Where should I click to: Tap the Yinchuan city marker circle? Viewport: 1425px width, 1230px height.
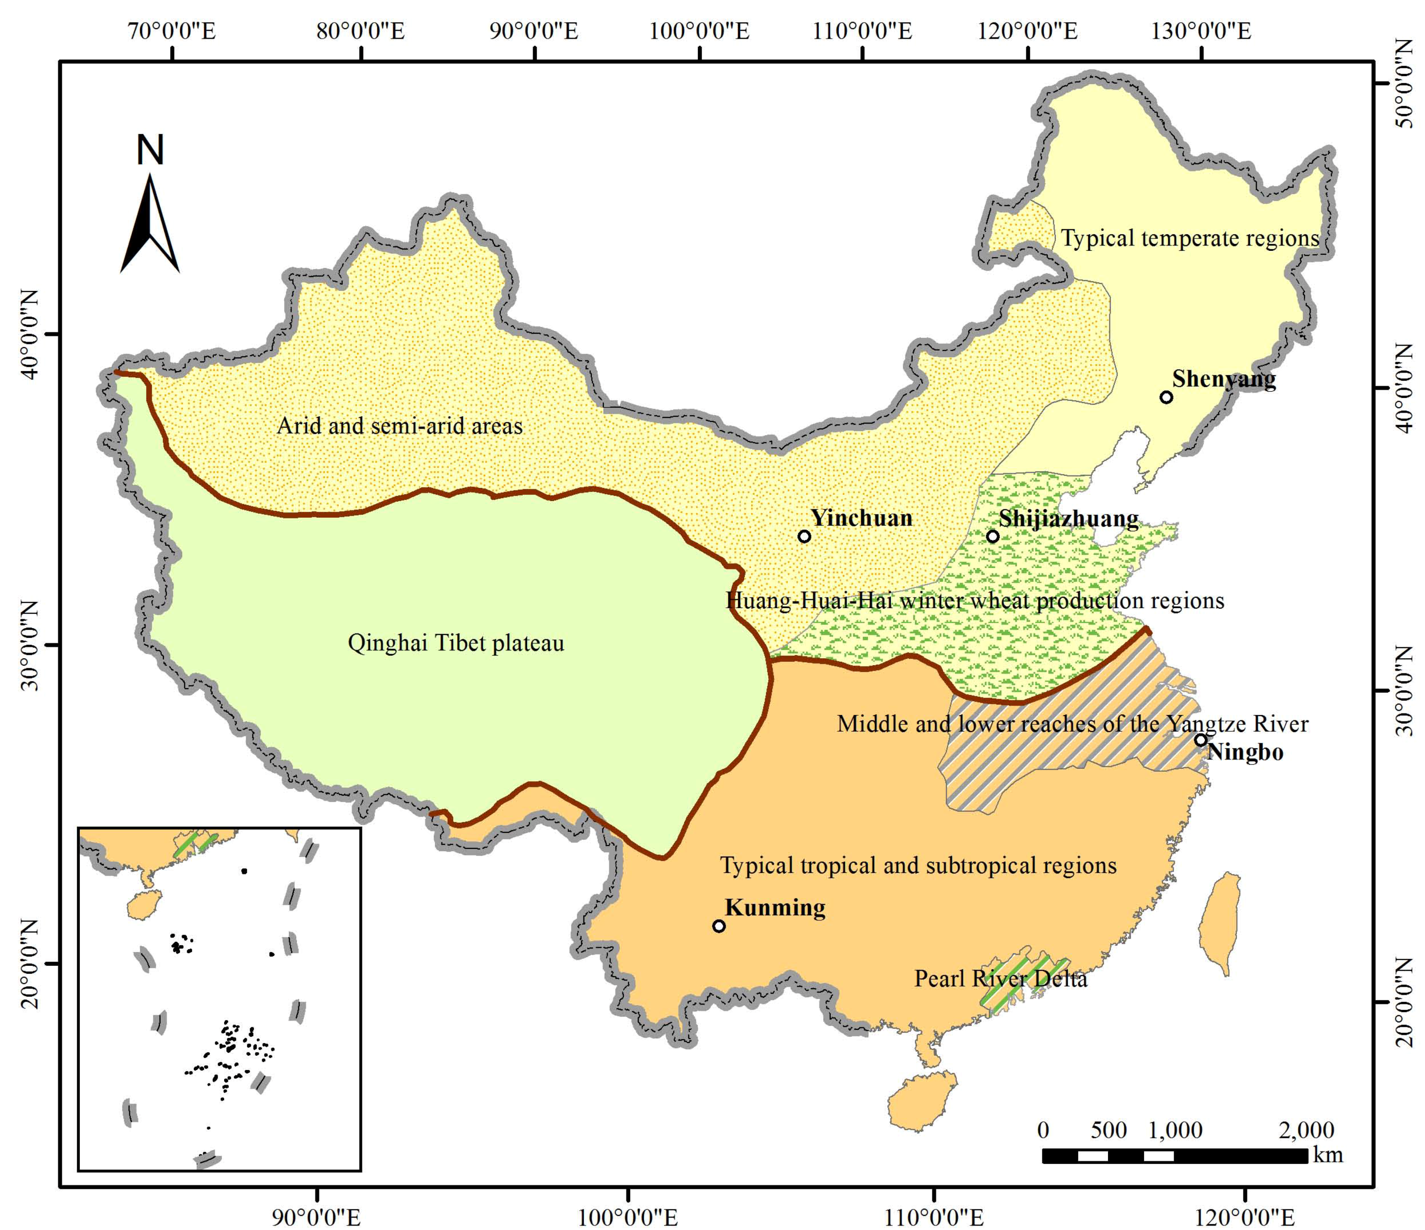tap(804, 536)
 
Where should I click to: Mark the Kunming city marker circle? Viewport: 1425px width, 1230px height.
tap(719, 926)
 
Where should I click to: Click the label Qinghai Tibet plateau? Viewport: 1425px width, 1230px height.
tap(456, 643)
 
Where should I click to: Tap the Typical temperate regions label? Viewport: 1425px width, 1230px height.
tap(1190, 239)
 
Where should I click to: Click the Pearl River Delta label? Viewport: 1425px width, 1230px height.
tap(1001, 978)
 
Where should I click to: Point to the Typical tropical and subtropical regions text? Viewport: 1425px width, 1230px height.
tap(918, 865)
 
